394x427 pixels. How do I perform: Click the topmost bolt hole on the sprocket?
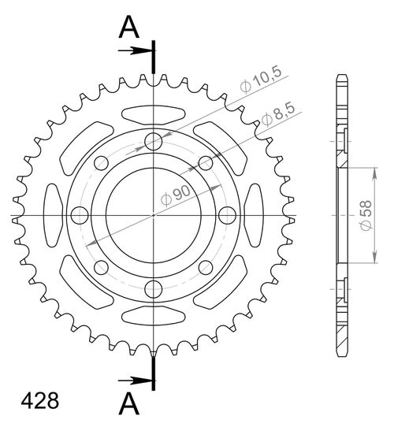tap(153, 142)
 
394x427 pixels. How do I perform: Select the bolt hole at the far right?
tap(227, 215)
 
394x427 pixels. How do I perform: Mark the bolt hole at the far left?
tap(79, 215)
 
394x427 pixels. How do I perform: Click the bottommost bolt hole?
tap(153, 289)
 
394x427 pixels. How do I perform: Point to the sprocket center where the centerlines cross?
tap(153, 215)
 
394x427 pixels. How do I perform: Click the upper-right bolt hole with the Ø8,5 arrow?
tap(205, 163)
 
